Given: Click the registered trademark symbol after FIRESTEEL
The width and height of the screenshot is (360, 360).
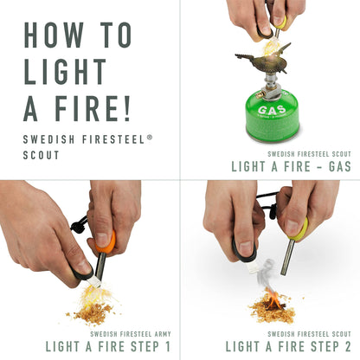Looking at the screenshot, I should [x=151, y=135].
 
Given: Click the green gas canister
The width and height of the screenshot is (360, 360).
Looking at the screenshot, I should [x=271, y=113].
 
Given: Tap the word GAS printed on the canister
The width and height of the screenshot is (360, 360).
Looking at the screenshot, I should [x=272, y=111].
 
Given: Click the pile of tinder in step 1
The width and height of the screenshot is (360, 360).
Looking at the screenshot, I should [x=92, y=306].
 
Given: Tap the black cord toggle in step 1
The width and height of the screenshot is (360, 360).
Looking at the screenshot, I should [x=78, y=225].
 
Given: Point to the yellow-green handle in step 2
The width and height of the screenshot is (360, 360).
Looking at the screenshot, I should [x=299, y=229].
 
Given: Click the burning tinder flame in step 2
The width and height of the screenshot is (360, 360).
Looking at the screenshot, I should [x=273, y=300].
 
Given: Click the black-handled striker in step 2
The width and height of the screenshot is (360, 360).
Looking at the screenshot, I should [x=243, y=251].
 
